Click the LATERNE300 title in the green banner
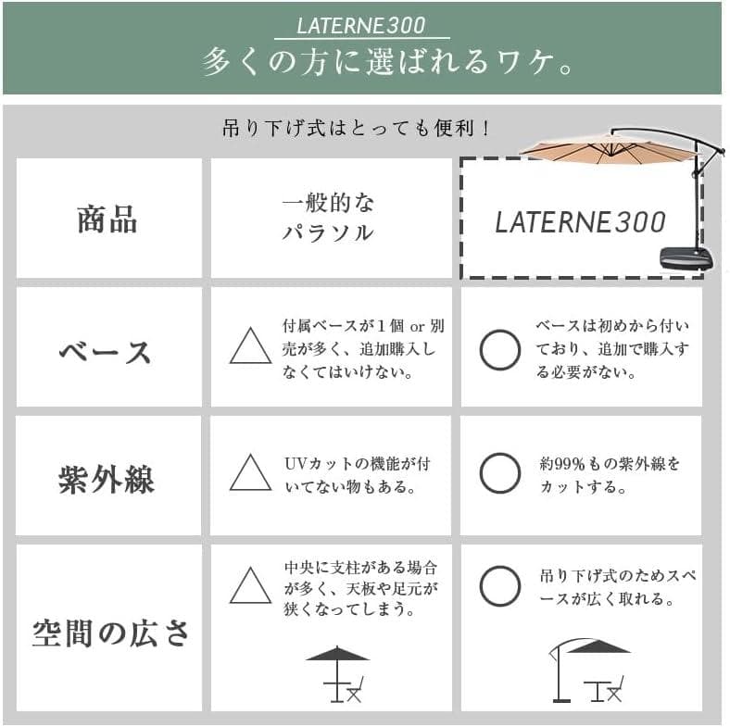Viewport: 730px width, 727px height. tap(360, 25)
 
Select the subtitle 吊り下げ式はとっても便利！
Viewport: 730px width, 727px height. tap(356, 128)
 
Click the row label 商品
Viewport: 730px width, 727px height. tap(107, 219)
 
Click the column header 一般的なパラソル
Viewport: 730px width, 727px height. tap(328, 219)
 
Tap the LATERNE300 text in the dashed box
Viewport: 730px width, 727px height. tap(580, 222)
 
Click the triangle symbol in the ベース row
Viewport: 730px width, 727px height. tap(250, 348)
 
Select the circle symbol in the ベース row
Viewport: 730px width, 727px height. tap(499, 350)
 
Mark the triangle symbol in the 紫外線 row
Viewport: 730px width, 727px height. tap(250, 474)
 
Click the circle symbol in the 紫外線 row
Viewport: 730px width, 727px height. tap(499, 473)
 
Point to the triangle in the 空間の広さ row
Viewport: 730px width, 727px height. tap(250, 587)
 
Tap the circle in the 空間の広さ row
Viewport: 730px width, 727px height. tap(499, 586)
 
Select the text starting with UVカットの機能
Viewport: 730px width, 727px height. tap(356, 474)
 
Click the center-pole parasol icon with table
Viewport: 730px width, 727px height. tap(338, 673)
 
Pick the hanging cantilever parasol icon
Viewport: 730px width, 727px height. tap(587, 671)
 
